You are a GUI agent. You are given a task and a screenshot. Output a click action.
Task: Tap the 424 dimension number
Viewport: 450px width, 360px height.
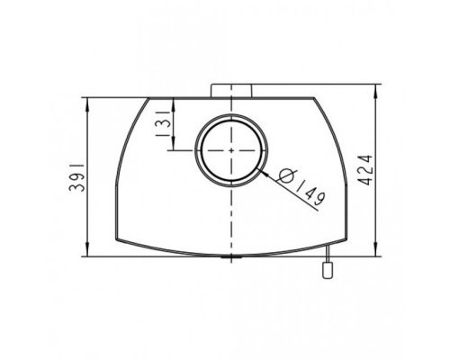pyautogui.click(x=365, y=170)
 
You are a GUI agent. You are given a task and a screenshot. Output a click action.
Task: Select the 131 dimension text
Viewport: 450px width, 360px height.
pyautogui.click(x=163, y=123)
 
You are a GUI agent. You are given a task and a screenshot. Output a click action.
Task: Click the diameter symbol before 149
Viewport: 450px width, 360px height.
pyautogui.click(x=287, y=175)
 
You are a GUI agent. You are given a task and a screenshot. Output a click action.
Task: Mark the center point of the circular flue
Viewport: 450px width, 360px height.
pyautogui.click(x=231, y=150)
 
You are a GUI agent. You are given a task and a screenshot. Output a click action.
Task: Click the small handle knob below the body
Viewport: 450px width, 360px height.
pyautogui.click(x=328, y=270)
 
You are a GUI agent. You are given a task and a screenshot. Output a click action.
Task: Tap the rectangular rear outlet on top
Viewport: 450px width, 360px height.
pyautogui.click(x=231, y=91)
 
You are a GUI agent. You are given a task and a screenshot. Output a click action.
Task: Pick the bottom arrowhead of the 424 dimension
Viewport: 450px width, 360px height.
pyautogui.click(x=376, y=249)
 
